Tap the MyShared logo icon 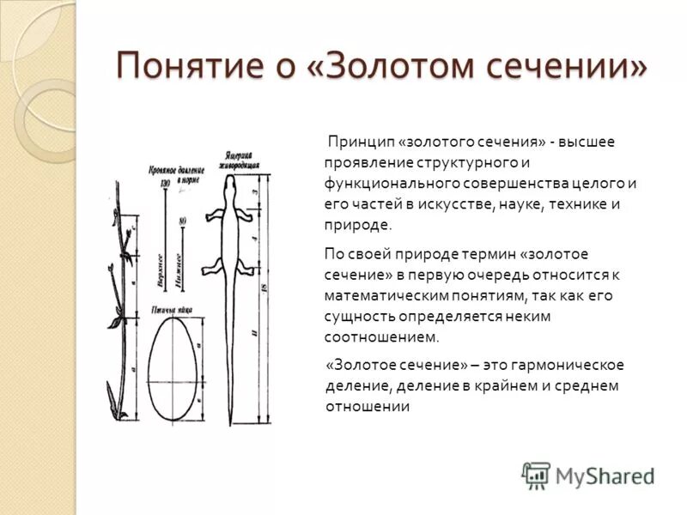coord(536,475)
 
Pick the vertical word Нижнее coord(179,270)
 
